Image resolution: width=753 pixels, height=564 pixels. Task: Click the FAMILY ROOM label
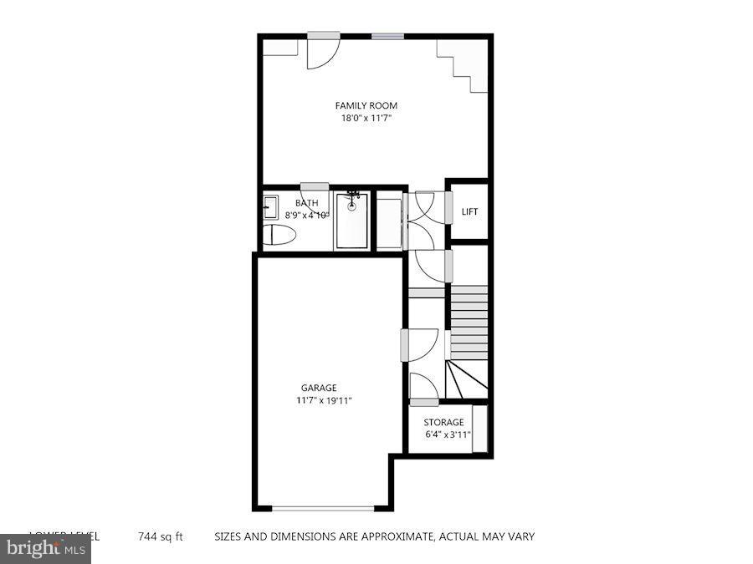pyautogui.click(x=366, y=105)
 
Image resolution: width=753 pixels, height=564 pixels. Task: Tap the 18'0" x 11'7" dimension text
pyautogui.click(x=366, y=119)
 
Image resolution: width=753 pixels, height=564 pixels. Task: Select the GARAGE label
pyautogui.click(x=319, y=388)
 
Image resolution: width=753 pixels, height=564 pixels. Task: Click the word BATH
pyautogui.click(x=307, y=203)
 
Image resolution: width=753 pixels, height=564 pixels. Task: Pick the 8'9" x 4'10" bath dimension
pyautogui.click(x=307, y=215)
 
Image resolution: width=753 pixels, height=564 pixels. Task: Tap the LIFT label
pyautogui.click(x=470, y=211)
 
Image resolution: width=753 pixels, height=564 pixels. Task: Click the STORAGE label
pyautogui.click(x=443, y=422)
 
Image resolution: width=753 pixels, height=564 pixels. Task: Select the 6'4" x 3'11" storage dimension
pyautogui.click(x=448, y=434)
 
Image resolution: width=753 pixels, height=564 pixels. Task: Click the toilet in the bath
pyautogui.click(x=279, y=235)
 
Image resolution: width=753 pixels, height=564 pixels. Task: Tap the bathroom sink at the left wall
pyautogui.click(x=270, y=206)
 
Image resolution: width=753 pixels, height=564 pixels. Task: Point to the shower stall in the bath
pyautogui.click(x=351, y=221)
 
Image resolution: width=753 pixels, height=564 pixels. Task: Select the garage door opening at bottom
pyautogui.click(x=323, y=508)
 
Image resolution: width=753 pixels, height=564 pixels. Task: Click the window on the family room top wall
pyautogui.click(x=387, y=36)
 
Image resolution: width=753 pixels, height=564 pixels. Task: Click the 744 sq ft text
pyautogui.click(x=161, y=536)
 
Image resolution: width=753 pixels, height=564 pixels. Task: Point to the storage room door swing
pyautogui.click(x=424, y=389)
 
